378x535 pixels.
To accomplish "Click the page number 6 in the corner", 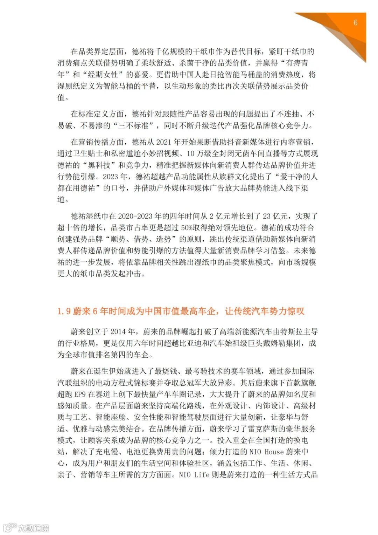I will click(355, 23).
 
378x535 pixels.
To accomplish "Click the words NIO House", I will click(266, 452).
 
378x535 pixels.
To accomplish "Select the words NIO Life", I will click(194, 475).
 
